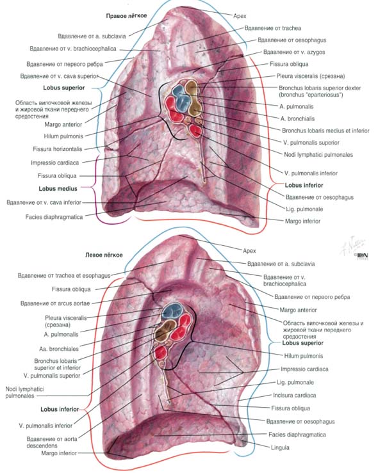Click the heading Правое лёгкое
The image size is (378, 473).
(x=126, y=16)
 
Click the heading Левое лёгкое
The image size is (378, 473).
(x=104, y=255)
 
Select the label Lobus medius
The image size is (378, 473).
(x=58, y=189)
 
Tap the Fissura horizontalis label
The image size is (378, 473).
(x=58, y=149)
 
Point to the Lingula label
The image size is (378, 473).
(x=280, y=447)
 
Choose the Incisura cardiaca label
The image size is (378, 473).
(x=294, y=395)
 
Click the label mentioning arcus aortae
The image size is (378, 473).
(x=55, y=303)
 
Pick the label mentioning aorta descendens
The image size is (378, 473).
(x=52, y=442)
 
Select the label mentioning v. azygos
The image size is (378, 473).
(x=294, y=52)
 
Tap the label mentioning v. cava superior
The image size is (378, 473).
(x=60, y=76)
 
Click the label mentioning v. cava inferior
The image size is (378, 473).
(x=44, y=202)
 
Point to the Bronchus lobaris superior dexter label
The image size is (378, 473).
(x=320, y=92)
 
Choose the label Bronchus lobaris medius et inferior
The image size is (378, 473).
(x=325, y=131)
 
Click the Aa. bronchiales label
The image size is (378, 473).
(x=59, y=349)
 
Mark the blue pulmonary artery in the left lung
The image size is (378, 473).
(x=172, y=311)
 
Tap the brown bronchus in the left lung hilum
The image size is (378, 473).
(x=165, y=331)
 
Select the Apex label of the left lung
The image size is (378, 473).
(x=249, y=251)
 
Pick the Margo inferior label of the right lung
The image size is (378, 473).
(x=303, y=221)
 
